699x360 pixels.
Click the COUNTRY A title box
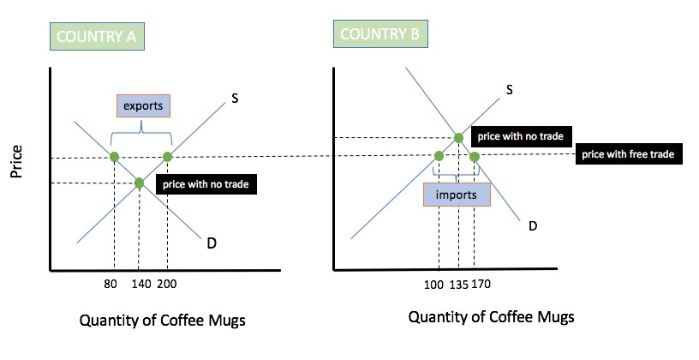point(97,38)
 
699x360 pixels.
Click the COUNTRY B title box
point(380,34)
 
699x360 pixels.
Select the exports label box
point(143,105)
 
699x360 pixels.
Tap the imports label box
point(457,195)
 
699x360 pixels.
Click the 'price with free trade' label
point(628,154)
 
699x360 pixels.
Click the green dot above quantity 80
point(114,157)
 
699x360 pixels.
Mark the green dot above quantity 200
point(167,157)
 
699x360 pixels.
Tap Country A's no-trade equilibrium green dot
point(140,183)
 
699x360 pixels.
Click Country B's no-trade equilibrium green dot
point(458,137)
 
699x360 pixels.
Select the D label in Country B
point(532,226)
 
